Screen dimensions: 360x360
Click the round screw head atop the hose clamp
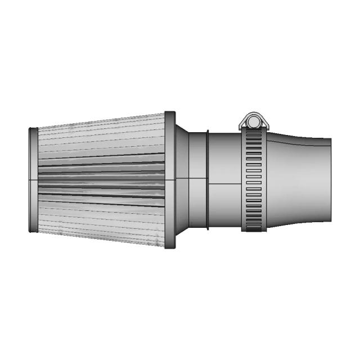(x=251, y=120)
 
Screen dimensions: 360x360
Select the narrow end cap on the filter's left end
(x=33, y=179)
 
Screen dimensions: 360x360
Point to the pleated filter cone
(x=101, y=180)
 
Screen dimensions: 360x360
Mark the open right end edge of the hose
(x=330, y=180)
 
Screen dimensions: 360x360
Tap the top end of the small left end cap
(x=33, y=129)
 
